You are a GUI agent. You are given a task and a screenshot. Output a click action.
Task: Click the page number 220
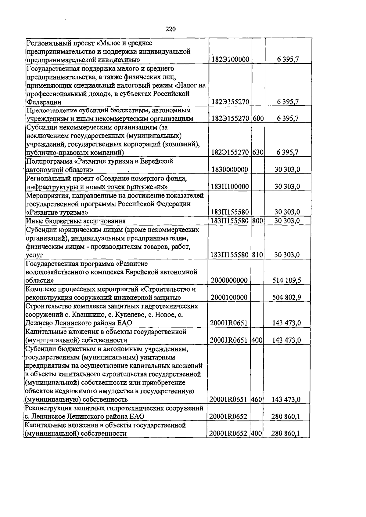171,29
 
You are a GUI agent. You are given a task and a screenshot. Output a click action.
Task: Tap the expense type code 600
258,118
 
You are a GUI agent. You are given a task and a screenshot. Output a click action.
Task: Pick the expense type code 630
258,152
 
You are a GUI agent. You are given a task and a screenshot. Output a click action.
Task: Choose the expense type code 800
258,221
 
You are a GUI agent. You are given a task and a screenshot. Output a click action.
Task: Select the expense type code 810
258,255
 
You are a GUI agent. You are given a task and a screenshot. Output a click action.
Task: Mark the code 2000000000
229,280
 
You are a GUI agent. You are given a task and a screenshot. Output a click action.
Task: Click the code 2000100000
229,297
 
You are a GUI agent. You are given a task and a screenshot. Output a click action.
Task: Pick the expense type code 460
257,399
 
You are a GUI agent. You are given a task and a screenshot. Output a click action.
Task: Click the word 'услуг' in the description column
34,255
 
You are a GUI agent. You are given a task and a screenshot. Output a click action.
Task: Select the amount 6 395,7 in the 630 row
287,152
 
